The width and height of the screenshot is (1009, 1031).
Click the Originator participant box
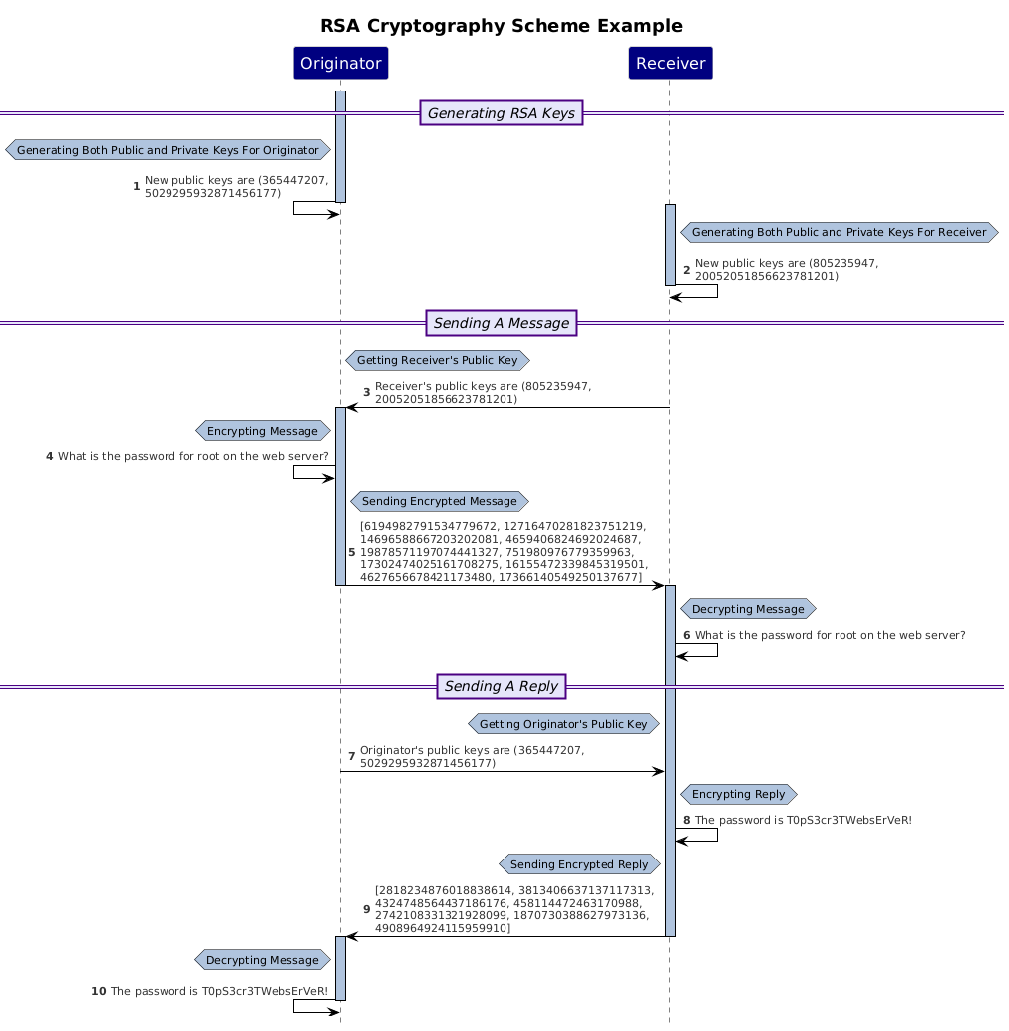(340, 64)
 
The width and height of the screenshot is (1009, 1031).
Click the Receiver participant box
(670, 64)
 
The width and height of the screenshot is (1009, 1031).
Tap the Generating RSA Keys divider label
(502, 113)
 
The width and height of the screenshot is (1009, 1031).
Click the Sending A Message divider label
(502, 322)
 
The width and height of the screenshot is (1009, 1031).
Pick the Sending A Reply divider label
(502, 686)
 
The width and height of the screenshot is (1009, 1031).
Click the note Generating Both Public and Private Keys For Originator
(168, 150)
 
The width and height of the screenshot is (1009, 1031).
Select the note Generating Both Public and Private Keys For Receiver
(839, 232)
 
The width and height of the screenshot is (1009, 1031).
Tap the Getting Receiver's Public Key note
(437, 359)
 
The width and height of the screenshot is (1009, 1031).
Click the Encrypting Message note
(262, 431)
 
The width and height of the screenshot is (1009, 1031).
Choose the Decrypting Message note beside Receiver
(747, 608)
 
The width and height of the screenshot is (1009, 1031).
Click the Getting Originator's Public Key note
(563, 723)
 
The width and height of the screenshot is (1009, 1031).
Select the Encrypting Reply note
(738, 794)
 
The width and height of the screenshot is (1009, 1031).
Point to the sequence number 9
(367, 909)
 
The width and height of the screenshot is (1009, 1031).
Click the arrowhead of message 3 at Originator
(351, 407)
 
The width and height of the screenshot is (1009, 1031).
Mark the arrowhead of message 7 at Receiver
(658, 771)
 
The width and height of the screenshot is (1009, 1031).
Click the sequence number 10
(98, 991)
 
